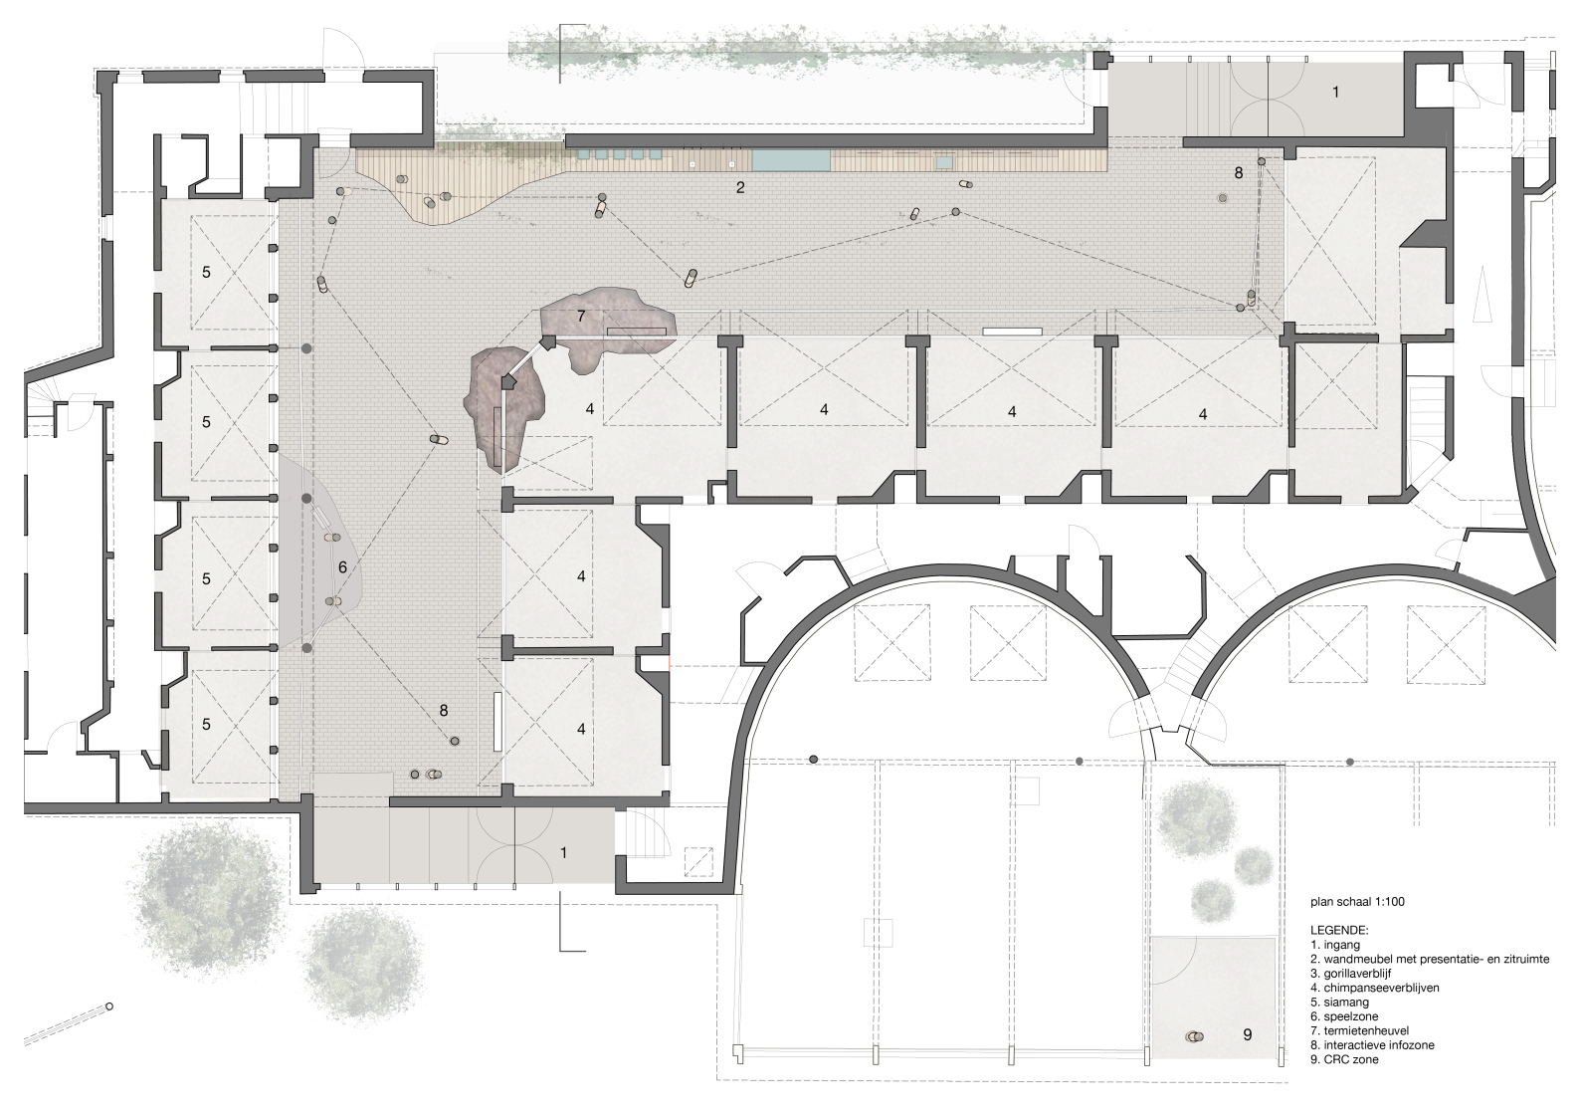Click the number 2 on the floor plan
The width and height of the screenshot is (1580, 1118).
[x=740, y=188]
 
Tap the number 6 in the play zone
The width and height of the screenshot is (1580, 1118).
[x=343, y=567]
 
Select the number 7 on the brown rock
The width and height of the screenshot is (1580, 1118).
[x=581, y=317]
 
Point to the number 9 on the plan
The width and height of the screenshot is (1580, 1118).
[x=1247, y=1034]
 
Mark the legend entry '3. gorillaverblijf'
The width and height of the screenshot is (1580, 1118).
[x=1348, y=974]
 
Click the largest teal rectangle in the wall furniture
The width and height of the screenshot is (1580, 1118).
[x=791, y=160]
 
